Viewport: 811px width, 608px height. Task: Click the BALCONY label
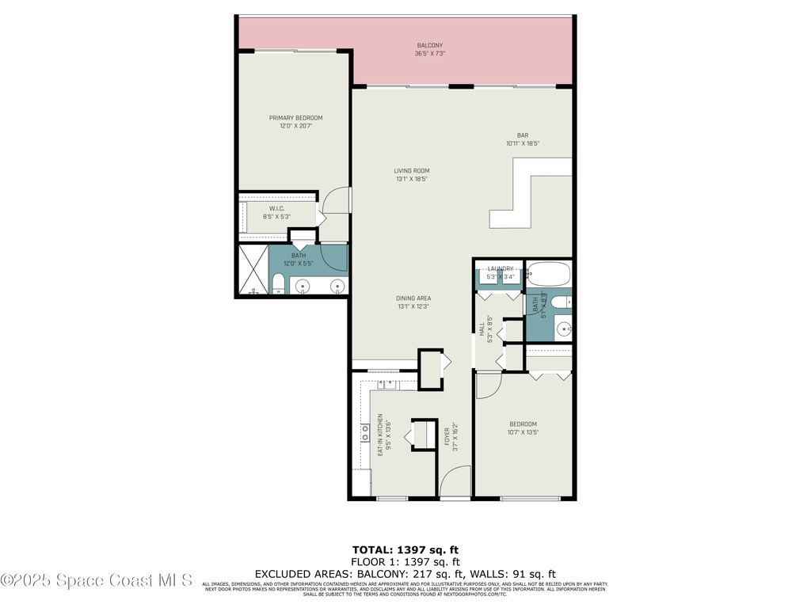coord(430,46)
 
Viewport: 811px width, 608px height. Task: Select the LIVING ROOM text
coord(412,170)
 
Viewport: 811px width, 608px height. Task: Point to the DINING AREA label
coord(413,298)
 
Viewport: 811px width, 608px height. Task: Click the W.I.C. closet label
coord(276,209)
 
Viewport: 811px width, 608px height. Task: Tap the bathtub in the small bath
coord(547,274)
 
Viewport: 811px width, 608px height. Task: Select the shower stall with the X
coord(253,270)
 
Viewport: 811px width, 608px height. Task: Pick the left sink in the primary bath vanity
coord(303,286)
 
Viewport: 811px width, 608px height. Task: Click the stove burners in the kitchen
coord(365,432)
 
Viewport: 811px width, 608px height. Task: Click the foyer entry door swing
coord(455,482)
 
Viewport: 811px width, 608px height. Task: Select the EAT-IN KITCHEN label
coord(380,435)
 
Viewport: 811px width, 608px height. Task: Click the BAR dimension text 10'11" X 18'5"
coord(523,143)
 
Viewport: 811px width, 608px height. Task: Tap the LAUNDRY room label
coord(501,268)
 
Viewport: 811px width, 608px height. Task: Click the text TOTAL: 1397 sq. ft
coord(405,549)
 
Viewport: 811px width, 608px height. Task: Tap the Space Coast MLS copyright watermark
coord(97,580)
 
